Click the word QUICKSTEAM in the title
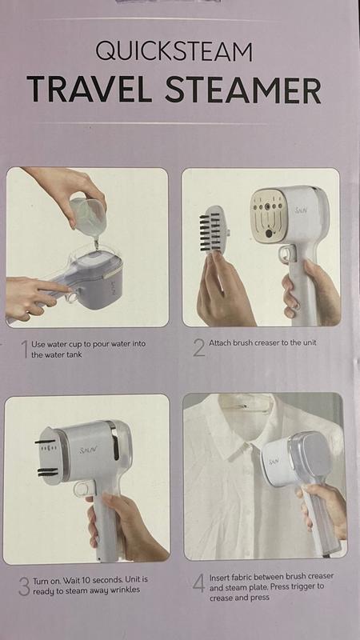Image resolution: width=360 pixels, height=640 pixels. tap(174, 51)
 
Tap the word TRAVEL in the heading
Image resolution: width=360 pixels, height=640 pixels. tap(90, 90)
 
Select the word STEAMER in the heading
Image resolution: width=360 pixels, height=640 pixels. tap(243, 90)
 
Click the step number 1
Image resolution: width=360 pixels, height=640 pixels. tap(25, 350)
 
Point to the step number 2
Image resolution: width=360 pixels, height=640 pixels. tap(198, 348)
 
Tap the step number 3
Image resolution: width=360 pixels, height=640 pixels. tap(24, 586)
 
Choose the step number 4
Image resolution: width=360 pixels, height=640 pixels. tap(198, 583)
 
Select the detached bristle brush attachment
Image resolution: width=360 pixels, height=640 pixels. tap(213, 230)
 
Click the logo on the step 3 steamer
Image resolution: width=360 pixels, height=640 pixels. tap(88, 450)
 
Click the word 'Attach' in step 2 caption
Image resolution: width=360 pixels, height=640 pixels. tap(220, 343)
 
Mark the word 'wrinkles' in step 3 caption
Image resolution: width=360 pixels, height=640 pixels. tap(123, 590)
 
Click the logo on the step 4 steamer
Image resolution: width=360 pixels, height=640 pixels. tap(274, 462)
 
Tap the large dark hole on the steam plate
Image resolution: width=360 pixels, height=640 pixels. tap(269, 234)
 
